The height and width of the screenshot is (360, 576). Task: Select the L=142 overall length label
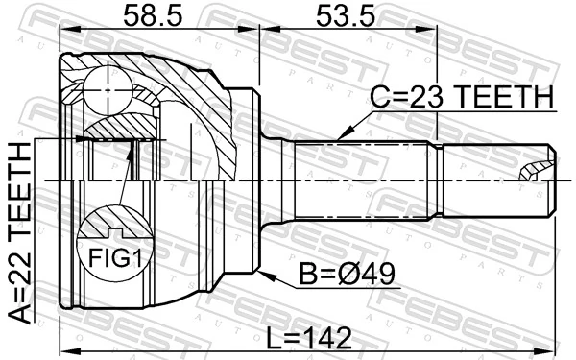click(309, 337)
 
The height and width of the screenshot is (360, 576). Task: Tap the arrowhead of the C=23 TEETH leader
click(340, 140)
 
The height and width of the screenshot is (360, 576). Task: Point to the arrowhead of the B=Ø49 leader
click(262, 273)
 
